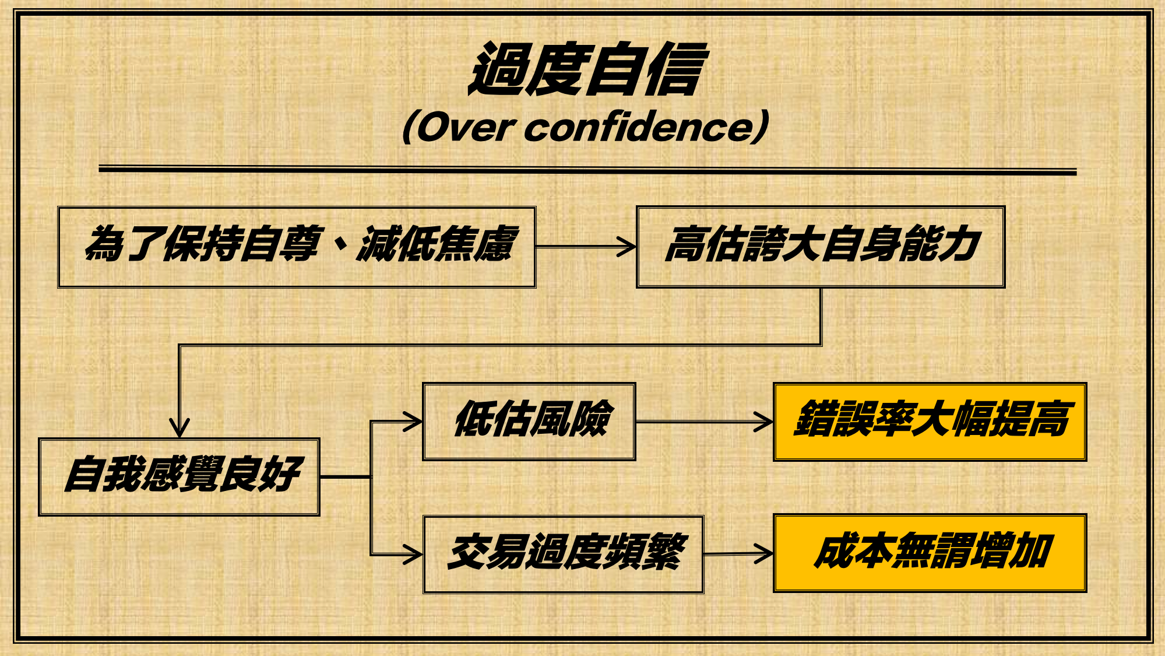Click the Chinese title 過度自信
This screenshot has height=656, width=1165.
click(587, 69)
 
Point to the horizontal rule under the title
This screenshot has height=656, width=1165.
click(587, 170)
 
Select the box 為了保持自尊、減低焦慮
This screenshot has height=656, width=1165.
click(297, 247)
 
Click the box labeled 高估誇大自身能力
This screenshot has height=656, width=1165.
click(821, 247)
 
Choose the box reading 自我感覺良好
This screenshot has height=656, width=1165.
click(179, 476)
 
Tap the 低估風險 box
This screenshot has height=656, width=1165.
click(529, 422)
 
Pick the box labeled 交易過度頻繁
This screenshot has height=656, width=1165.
click(563, 554)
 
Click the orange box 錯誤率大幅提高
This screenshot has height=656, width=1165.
click(930, 422)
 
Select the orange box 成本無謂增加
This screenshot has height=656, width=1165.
click(930, 553)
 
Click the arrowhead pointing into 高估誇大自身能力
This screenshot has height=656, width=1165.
click(628, 247)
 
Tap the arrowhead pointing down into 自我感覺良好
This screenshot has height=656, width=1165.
click(179, 428)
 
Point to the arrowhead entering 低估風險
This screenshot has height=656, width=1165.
click(414, 421)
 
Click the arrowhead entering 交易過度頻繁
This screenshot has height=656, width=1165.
click(414, 554)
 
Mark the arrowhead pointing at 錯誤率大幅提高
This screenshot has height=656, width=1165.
click(764, 422)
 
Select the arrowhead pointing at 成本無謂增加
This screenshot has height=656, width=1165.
click(764, 553)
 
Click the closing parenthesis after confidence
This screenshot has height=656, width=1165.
click(762, 126)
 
